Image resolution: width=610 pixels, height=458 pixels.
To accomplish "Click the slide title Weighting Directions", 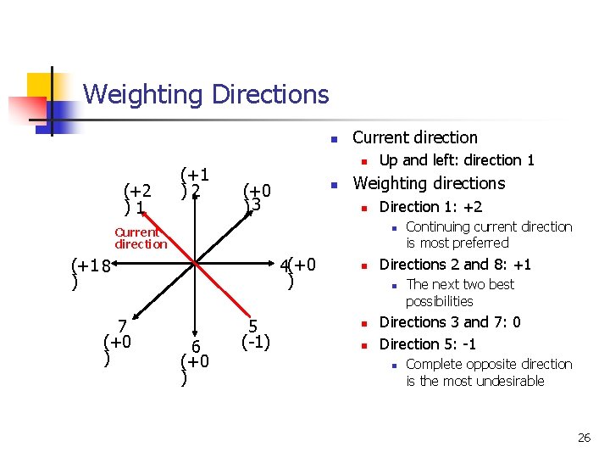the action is (x=206, y=93).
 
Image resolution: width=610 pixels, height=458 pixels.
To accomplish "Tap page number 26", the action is (x=584, y=438).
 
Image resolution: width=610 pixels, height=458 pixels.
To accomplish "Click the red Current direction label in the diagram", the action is (x=141, y=237).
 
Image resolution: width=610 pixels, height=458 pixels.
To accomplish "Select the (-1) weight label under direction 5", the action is (x=255, y=343).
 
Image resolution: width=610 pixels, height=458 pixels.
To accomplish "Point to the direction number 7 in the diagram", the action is (x=123, y=326).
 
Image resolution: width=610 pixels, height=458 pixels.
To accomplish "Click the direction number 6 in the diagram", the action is (x=195, y=346).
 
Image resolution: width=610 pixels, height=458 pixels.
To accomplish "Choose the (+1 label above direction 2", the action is (x=194, y=173).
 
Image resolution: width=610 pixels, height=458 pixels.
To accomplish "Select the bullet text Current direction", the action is (x=414, y=137).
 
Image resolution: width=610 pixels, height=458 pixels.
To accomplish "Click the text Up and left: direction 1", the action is (x=456, y=160).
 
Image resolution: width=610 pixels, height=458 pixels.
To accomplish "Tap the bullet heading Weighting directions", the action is (x=428, y=183).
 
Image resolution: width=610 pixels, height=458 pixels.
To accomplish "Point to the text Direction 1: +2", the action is (x=430, y=207).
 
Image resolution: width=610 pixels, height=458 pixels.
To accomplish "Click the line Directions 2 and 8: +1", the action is (x=455, y=264).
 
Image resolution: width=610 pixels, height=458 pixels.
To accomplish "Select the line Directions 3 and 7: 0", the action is (x=449, y=322).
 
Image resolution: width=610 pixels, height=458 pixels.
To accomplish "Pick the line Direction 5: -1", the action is (x=427, y=343).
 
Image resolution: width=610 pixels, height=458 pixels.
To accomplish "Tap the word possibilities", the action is (x=439, y=301).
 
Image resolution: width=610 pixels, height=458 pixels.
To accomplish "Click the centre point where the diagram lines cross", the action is (x=195, y=264).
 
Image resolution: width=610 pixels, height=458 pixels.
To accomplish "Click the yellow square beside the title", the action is (x=41, y=87).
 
